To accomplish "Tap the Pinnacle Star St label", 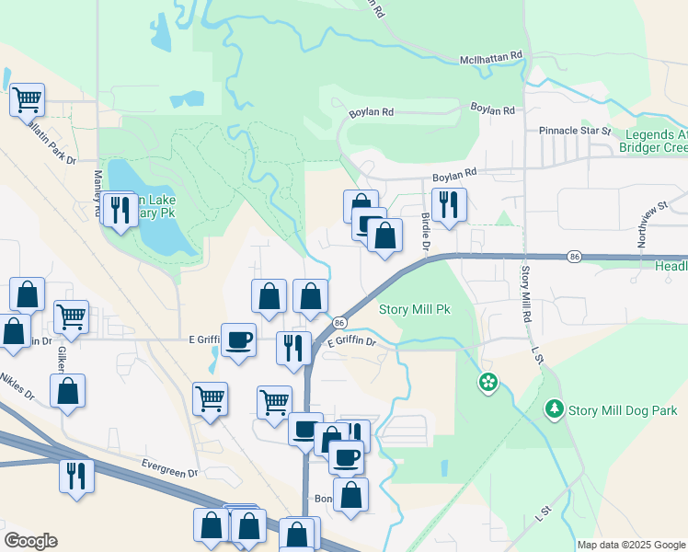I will point(575,131).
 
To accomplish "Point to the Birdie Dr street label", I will point(426,230).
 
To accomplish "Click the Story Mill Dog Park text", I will point(623,410).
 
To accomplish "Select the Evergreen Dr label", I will point(169,467).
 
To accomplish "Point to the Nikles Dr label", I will point(17,385).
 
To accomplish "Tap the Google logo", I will point(30,540).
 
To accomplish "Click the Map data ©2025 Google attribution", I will point(630,545).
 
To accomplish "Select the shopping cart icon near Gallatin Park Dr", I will point(28,98).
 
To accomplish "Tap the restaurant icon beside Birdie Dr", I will point(449,204).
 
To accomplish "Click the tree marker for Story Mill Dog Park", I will point(555,408).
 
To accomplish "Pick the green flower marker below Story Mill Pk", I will point(487,382).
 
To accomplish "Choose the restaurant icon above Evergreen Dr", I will point(75,475).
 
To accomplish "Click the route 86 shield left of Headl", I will point(575,256).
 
